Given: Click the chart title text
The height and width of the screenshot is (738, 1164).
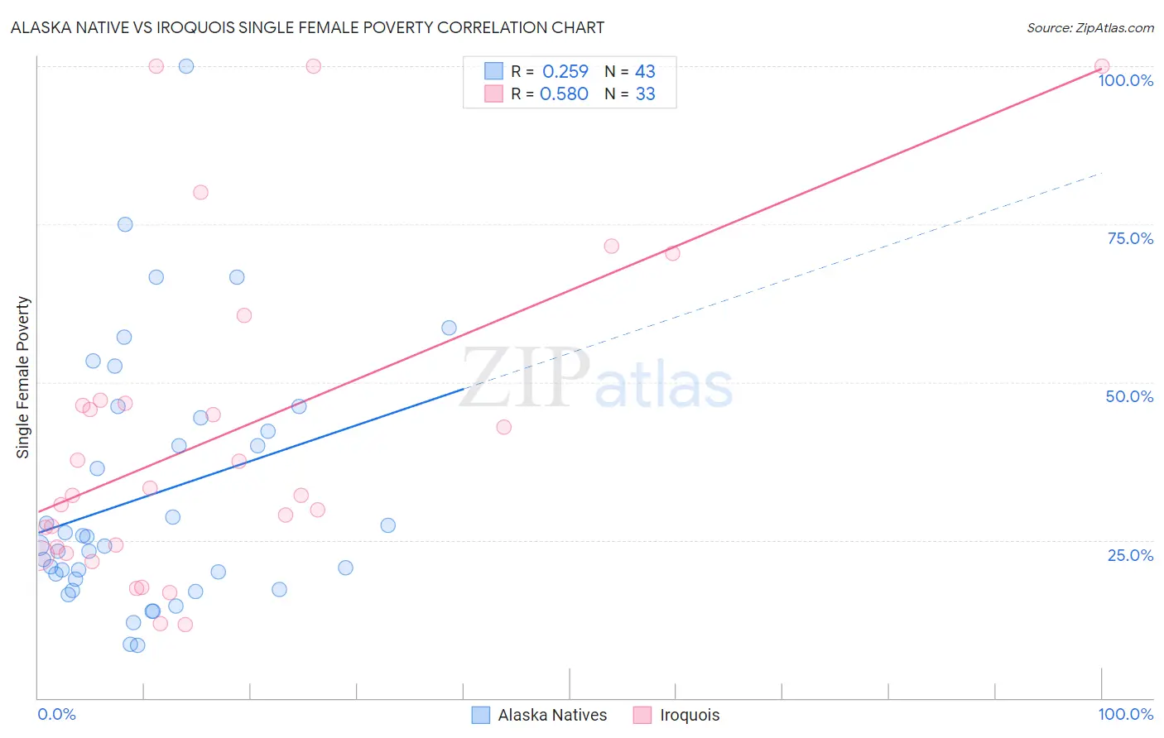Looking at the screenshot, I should [307, 27].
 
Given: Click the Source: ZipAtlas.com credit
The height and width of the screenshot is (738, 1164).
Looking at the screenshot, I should [1089, 28].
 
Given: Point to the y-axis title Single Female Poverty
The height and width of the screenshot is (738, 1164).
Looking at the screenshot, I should [23, 377].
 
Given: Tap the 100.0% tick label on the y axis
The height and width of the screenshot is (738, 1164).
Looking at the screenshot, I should [1125, 80].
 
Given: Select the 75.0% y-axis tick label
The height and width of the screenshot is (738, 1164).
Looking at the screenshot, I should [1130, 238].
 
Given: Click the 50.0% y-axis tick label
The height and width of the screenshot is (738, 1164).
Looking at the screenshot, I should [1129, 396].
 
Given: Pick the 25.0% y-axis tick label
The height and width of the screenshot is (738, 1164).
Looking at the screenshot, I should [1130, 555].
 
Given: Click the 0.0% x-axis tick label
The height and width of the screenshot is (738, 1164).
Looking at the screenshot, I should [56, 714].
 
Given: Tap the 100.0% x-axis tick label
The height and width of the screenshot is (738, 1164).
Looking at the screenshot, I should [1125, 714].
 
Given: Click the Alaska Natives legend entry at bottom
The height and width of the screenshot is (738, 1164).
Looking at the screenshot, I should [552, 715].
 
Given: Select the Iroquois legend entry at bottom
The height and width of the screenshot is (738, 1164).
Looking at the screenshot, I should [690, 715].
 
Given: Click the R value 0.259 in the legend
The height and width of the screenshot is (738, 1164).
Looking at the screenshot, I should [565, 72].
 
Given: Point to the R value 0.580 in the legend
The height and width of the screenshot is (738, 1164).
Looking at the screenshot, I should [564, 94].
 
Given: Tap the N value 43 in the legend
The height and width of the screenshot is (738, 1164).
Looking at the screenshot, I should [645, 72].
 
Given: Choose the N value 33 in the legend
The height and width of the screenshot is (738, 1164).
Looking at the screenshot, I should [645, 94].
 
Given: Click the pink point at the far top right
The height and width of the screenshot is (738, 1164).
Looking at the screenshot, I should [1101, 66].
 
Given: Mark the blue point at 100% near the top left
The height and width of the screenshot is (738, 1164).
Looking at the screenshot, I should [186, 66].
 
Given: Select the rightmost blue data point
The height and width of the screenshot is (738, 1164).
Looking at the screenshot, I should [449, 328].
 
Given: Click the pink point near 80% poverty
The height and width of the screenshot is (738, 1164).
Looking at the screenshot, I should [200, 192].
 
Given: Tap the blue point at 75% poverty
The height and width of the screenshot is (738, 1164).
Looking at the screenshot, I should [125, 224].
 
